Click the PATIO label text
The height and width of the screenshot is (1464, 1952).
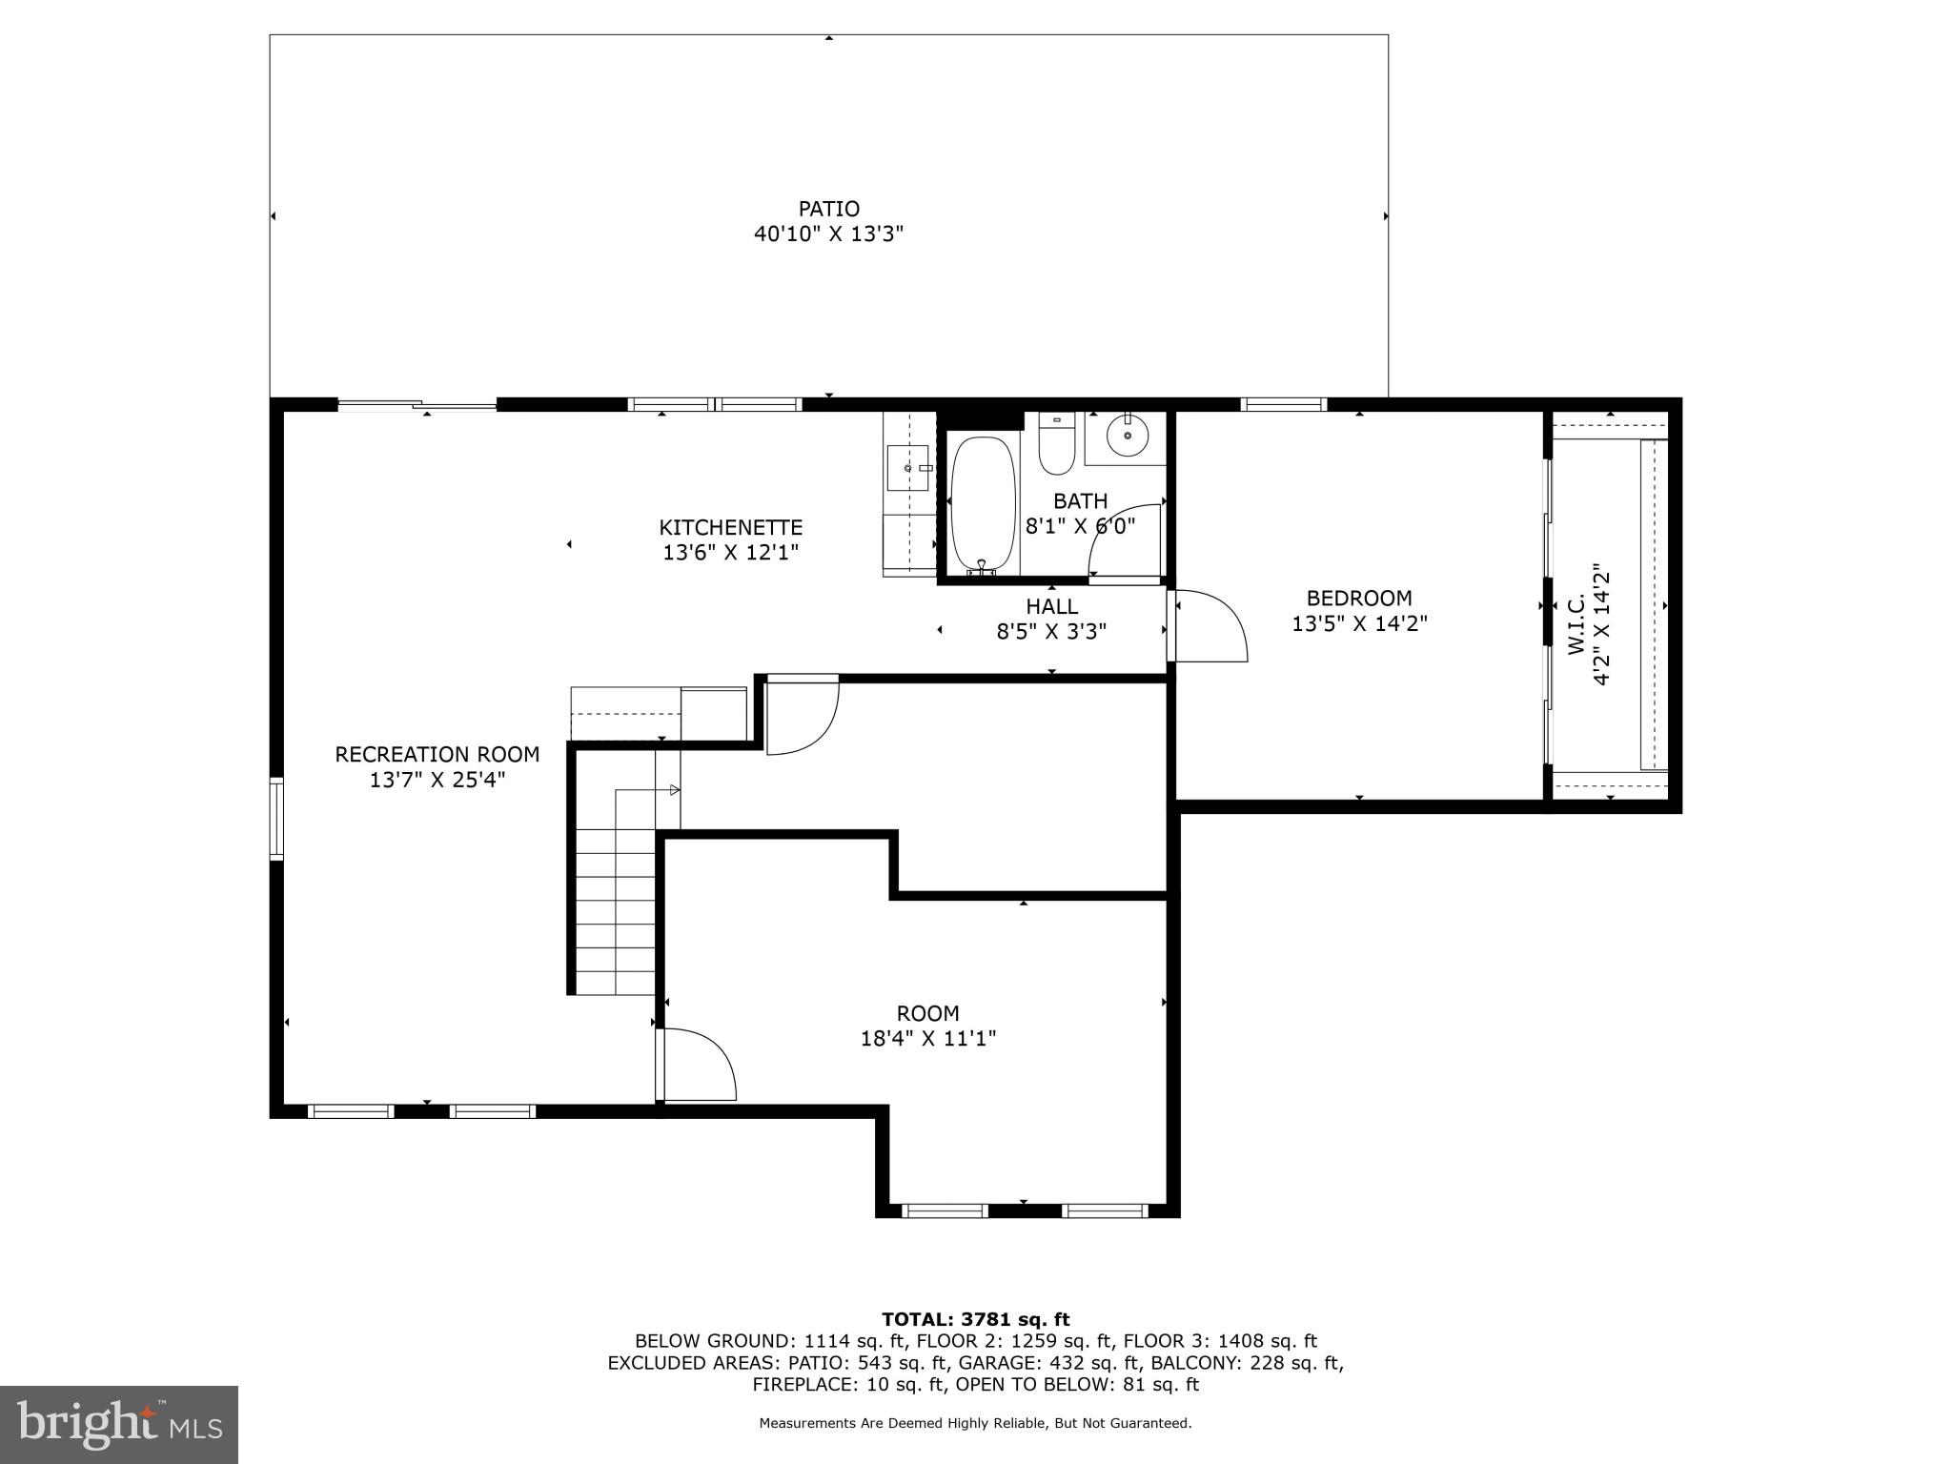point(828,209)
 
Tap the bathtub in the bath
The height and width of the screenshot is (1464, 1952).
point(984,505)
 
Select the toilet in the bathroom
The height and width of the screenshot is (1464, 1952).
point(1056,445)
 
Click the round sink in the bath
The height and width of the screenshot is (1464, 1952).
point(1128,435)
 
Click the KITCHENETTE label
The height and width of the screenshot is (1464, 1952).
point(731,527)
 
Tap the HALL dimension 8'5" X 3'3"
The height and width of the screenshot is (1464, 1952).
point(1051,631)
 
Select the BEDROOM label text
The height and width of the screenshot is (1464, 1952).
point(1359,599)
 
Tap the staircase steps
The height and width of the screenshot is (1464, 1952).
point(616,910)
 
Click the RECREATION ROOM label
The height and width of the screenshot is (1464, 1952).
point(437,755)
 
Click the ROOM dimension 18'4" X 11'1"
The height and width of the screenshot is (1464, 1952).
point(928,1038)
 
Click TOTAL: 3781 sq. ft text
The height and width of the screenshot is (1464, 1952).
point(975,1319)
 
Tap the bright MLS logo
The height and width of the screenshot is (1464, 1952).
point(118,1424)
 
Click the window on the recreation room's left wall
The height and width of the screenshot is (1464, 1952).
point(276,819)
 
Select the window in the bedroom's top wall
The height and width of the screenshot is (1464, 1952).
point(1284,404)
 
